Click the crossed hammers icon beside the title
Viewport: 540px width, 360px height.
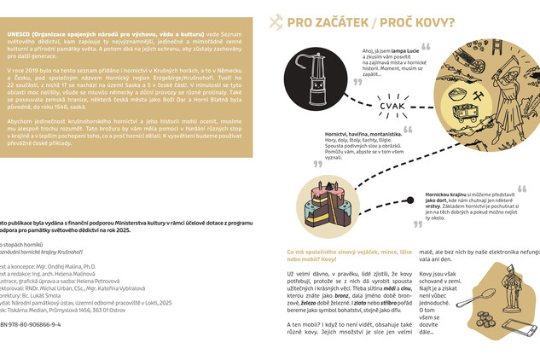276,22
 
